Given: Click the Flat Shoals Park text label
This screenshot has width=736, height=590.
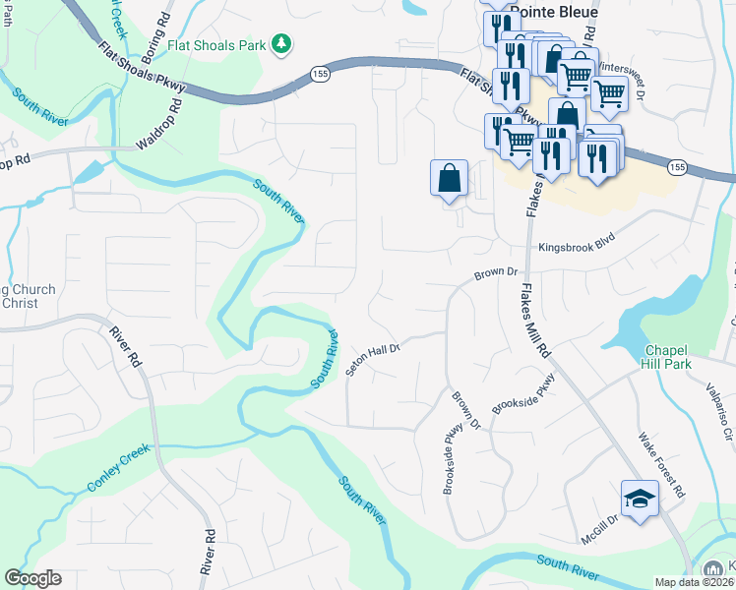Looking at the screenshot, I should (x=217, y=43).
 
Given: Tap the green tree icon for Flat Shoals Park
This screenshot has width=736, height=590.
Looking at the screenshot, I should (x=281, y=43).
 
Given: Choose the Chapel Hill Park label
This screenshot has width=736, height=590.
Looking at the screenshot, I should (x=668, y=357).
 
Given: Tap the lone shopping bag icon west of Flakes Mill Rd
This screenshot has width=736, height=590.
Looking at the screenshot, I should (x=449, y=179).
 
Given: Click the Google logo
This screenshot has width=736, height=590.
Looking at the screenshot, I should (x=32, y=578).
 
